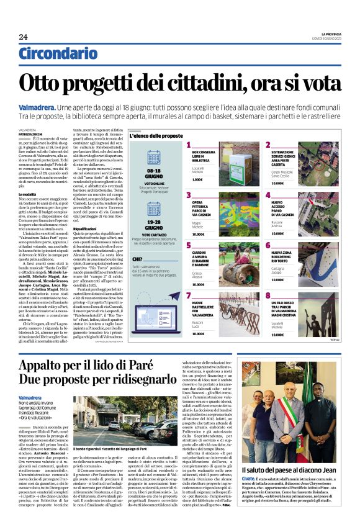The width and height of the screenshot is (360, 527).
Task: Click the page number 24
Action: pos(23,37)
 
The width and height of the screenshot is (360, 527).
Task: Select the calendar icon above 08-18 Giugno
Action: pos(154,158)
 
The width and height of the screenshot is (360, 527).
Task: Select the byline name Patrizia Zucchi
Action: pos(32,134)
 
